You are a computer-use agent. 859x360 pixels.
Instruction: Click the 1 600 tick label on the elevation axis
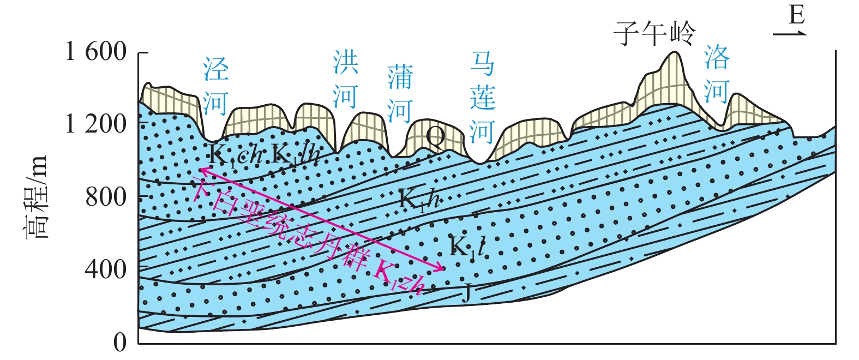coord(96,52)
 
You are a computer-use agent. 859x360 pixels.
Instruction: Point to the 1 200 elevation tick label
coord(96,124)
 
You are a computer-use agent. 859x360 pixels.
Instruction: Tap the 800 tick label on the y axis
coord(106,197)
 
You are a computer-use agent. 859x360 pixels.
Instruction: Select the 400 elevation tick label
coord(106,269)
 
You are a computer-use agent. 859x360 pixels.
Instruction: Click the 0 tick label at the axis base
coord(120,342)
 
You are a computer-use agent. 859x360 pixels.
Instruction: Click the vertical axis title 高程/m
coord(37,197)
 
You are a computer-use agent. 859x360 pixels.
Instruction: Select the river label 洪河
coord(346,79)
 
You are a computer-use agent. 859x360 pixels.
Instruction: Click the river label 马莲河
coord(483,98)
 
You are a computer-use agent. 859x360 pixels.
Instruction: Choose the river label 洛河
coord(716,74)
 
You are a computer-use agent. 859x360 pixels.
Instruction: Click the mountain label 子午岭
coord(655,33)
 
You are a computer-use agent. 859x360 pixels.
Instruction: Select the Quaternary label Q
coord(435,137)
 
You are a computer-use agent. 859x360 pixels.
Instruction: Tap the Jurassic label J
coord(466,295)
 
